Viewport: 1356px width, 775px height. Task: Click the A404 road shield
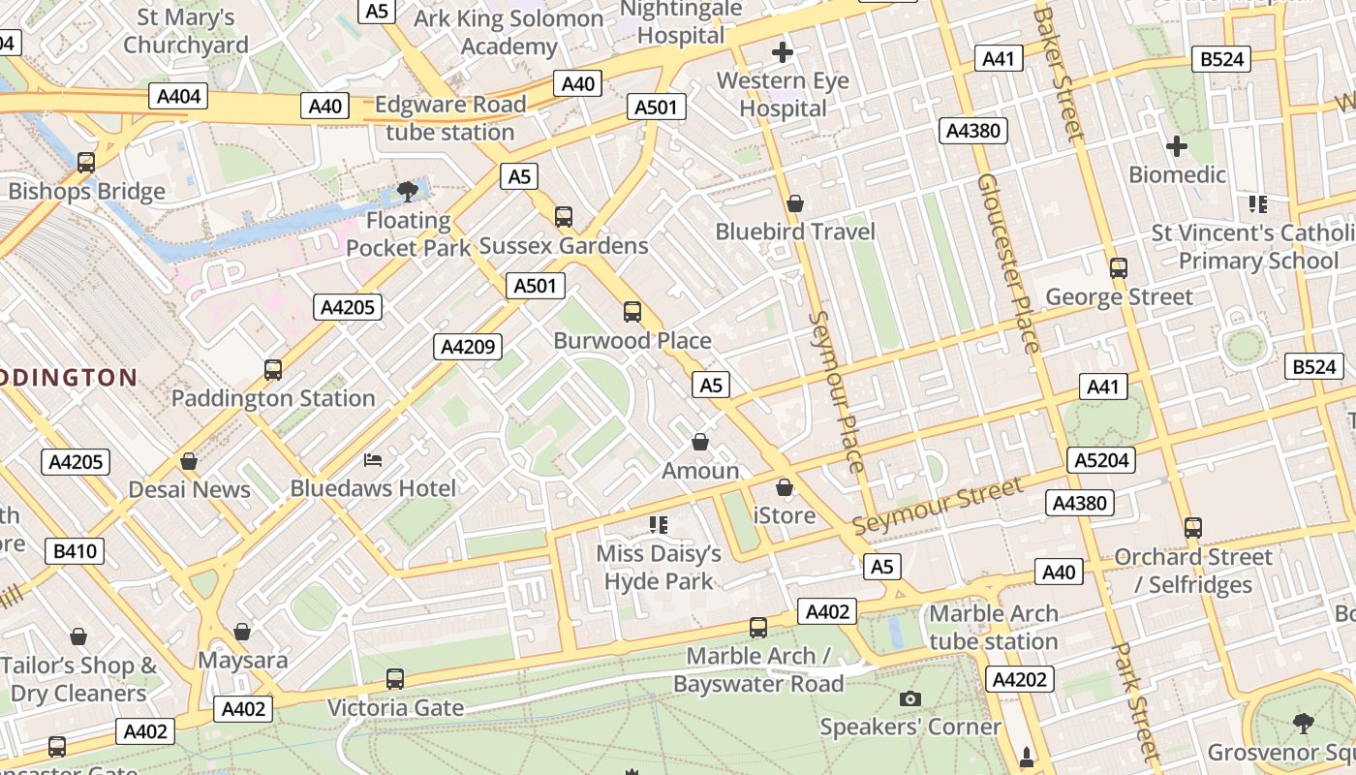pyautogui.click(x=179, y=96)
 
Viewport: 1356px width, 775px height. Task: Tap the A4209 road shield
pyautogui.click(x=469, y=347)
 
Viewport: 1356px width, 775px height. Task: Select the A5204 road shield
pyautogui.click(x=1102, y=460)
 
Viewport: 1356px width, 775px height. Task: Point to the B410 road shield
pyautogui.click(x=75, y=552)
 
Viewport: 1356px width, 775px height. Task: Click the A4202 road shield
pyautogui.click(x=1020, y=679)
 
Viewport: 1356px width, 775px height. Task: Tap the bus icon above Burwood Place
pyautogui.click(x=632, y=312)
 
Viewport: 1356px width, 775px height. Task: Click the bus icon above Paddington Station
pyautogui.click(x=273, y=370)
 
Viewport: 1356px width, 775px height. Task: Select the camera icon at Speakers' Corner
pyautogui.click(x=909, y=698)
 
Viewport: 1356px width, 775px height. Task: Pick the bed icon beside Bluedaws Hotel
pyautogui.click(x=373, y=459)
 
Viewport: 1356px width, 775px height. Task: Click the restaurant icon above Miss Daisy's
pyautogui.click(x=659, y=525)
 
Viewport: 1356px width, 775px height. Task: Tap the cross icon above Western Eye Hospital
pyautogui.click(x=783, y=52)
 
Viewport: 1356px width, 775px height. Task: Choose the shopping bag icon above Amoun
pyautogui.click(x=700, y=443)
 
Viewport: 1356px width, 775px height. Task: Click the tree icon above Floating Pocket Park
pyautogui.click(x=408, y=192)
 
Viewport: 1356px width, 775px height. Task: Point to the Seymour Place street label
pyautogui.click(x=835, y=391)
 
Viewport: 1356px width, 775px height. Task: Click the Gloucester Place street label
pyautogui.click(x=1008, y=263)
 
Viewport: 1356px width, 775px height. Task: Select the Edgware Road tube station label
pyautogui.click(x=450, y=118)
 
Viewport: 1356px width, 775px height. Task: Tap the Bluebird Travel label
pyautogui.click(x=795, y=232)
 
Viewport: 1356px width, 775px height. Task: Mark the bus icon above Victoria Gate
pyautogui.click(x=395, y=679)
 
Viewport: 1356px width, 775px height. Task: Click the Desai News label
pyautogui.click(x=190, y=489)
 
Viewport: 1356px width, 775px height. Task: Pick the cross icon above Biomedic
pyautogui.click(x=1177, y=147)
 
